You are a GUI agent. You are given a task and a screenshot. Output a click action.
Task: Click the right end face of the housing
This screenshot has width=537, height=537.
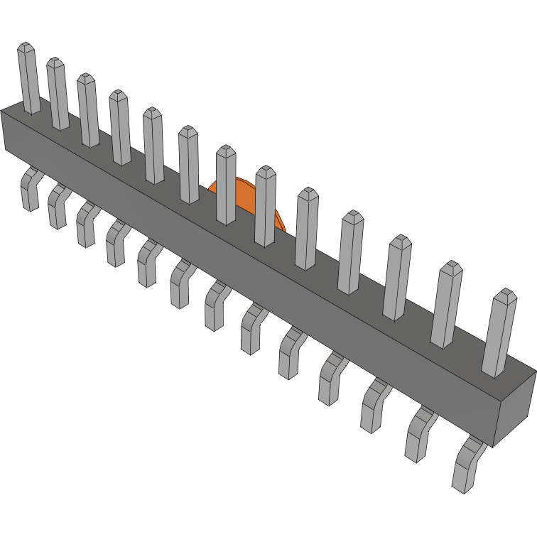(515, 405)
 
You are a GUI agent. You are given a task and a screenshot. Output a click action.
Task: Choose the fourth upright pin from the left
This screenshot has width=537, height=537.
(120, 128)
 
